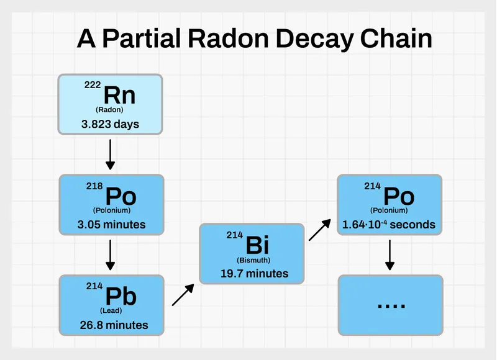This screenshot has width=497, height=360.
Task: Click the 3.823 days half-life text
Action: (110, 124)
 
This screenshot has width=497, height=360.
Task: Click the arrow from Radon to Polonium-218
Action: (110, 155)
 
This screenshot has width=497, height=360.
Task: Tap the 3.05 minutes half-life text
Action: (111, 224)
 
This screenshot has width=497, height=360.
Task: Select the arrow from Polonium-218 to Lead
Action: (110, 254)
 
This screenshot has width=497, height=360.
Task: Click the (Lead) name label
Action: (111, 310)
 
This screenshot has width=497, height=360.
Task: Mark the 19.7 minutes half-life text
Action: (255, 273)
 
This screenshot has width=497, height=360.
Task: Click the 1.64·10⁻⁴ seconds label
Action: (389, 224)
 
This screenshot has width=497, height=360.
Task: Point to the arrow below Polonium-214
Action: (390, 254)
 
